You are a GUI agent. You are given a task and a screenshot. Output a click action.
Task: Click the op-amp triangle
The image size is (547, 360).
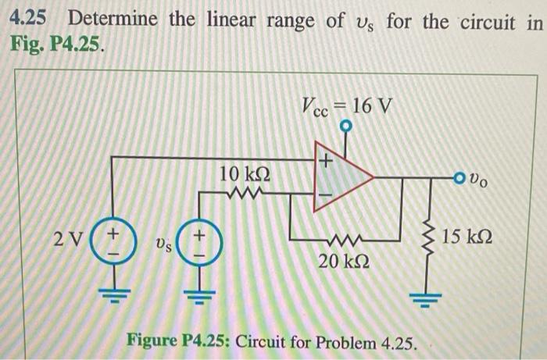pyautogui.click(x=340, y=178)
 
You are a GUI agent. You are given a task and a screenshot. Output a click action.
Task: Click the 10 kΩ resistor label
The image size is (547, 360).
pyautogui.click(x=245, y=171)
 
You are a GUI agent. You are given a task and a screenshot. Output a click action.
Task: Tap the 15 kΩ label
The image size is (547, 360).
pyautogui.click(x=468, y=234)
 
